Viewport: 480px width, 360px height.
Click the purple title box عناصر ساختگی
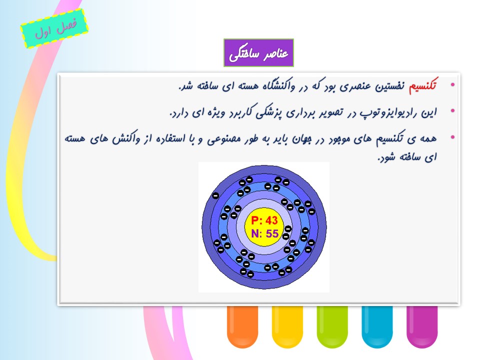pos(258,52)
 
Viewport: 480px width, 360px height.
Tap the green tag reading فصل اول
pos(54,28)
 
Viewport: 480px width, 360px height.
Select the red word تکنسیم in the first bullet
pos(423,85)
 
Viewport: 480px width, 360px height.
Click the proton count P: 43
pos(264,220)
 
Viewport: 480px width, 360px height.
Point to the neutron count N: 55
pos(264,234)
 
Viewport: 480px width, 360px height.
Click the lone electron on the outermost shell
pos(215,195)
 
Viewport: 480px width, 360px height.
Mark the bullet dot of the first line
pos(453,85)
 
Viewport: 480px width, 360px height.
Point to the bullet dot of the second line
pos(453,111)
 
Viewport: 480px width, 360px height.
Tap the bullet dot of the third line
pos(453,137)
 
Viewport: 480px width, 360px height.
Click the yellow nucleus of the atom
pos(264,227)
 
